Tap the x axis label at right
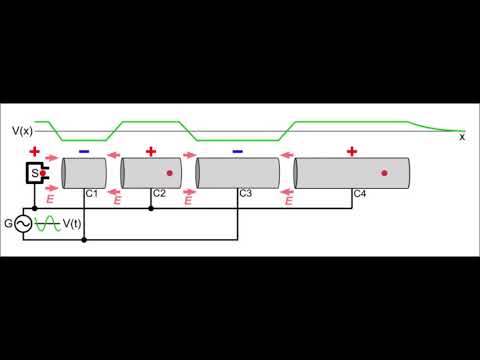tap(462, 138)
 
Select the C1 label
tap(91, 192)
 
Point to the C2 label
tap(159, 192)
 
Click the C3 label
tap(244, 192)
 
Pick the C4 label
tap(360, 192)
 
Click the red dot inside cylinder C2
tap(170, 173)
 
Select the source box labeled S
tap(37, 174)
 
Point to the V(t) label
tap(72, 224)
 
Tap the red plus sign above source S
tap(35, 152)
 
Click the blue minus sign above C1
tap(83, 152)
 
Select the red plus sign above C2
tap(151, 152)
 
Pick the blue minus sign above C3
tap(237, 152)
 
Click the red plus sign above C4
tap(351, 152)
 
